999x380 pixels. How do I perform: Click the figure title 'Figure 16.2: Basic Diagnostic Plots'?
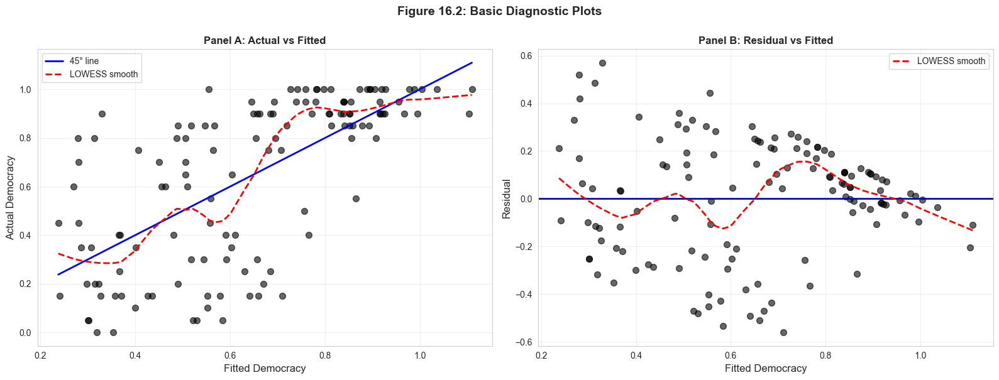(499, 11)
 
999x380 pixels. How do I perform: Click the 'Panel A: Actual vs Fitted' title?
(265, 41)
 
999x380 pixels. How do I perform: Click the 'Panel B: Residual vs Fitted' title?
(766, 41)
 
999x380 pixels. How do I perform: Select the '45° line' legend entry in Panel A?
(84, 61)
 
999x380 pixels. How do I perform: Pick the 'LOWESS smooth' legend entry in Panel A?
(103, 74)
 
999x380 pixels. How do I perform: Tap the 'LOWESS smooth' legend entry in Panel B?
(951, 61)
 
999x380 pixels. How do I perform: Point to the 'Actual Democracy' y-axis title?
(10, 198)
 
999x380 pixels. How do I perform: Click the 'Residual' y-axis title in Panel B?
(507, 199)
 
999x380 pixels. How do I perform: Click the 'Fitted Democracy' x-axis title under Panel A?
(265, 369)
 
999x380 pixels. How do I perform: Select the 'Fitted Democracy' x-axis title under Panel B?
(766, 369)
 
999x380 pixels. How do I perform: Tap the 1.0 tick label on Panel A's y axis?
(25, 90)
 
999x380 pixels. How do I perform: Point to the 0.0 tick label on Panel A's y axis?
(25, 333)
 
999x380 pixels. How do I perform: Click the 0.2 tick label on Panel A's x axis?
(40, 356)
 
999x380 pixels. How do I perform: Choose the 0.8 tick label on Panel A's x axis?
(325, 356)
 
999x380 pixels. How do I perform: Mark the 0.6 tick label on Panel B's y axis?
(526, 56)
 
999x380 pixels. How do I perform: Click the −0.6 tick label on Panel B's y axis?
(523, 342)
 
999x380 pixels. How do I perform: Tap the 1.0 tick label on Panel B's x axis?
(920, 356)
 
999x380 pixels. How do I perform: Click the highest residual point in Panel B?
(602, 63)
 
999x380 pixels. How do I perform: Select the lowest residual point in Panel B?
(783, 332)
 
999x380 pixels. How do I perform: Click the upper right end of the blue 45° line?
(472, 63)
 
